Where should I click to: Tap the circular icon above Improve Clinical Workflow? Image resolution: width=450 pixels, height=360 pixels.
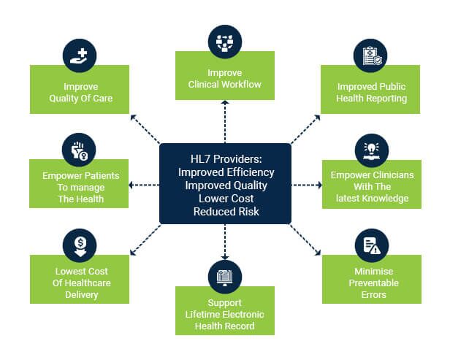coord(225,41)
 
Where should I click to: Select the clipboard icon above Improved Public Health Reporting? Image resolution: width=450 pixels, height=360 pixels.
coord(371,55)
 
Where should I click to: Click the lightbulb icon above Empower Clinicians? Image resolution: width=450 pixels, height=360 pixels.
coord(371,149)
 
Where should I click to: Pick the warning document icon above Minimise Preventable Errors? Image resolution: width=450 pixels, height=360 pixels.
coord(371,245)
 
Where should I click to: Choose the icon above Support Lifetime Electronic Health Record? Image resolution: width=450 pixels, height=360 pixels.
coord(225,276)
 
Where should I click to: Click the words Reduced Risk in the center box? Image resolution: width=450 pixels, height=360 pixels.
coord(225,212)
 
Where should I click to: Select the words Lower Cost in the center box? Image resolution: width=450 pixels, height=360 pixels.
coord(225,199)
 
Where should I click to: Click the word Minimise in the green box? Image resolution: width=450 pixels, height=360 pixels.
coord(371,271)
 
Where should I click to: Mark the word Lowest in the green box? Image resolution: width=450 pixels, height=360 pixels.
coord(64,271)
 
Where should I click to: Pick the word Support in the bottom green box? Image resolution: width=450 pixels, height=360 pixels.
coord(225,302)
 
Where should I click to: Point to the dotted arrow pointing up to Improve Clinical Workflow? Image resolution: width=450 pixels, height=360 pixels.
coord(225,120)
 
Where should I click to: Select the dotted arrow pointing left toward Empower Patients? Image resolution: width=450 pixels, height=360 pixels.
coord(143,185)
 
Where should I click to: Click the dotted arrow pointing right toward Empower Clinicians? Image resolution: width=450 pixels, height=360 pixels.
coord(308,185)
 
